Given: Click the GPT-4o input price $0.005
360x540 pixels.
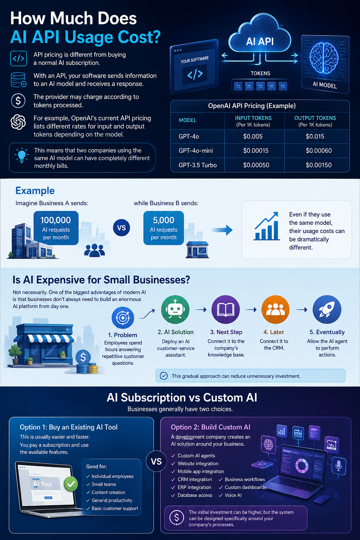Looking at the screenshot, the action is pyautogui.click(x=253, y=136).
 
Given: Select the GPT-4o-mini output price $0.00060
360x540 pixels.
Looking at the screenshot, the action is pyautogui.click(x=319, y=151).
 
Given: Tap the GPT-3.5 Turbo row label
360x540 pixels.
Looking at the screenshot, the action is pyautogui.click(x=198, y=165).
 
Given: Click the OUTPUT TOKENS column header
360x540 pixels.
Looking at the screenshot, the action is pyautogui.click(x=315, y=118).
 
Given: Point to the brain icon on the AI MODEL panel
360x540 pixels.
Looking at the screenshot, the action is pyautogui.click(x=324, y=58).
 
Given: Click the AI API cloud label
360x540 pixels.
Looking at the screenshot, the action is pyautogui.click(x=260, y=41).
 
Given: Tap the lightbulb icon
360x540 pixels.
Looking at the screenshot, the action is pyautogui.click(x=22, y=155).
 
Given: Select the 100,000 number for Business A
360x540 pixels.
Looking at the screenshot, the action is pyautogui.click(x=56, y=220).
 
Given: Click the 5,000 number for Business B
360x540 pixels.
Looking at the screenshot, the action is pyautogui.click(x=163, y=220).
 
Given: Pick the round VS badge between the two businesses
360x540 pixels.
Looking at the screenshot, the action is pyautogui.click(x=122, y=227).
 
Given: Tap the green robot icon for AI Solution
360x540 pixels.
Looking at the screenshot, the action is pyautogui.click(x=175, y=309).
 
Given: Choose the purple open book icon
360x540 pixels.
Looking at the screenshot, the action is pyautogui.click(x=226, y=309).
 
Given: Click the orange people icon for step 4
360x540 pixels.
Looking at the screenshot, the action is pyautogui.click(x=275, y=309).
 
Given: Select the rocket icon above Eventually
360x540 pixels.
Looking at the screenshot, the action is pyautogui.click(x=327, y=309).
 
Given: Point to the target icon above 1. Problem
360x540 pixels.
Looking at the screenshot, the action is pyautogui.click(x=123, y=318).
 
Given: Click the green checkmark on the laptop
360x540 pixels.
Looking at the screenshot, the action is pyautogui.click(x=71, y=483).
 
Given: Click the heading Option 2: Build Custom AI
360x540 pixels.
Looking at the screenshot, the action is pyautogui.click(x=211, y=427).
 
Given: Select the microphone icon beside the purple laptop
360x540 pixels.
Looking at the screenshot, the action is pyautogui.click(x=339, y=466).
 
